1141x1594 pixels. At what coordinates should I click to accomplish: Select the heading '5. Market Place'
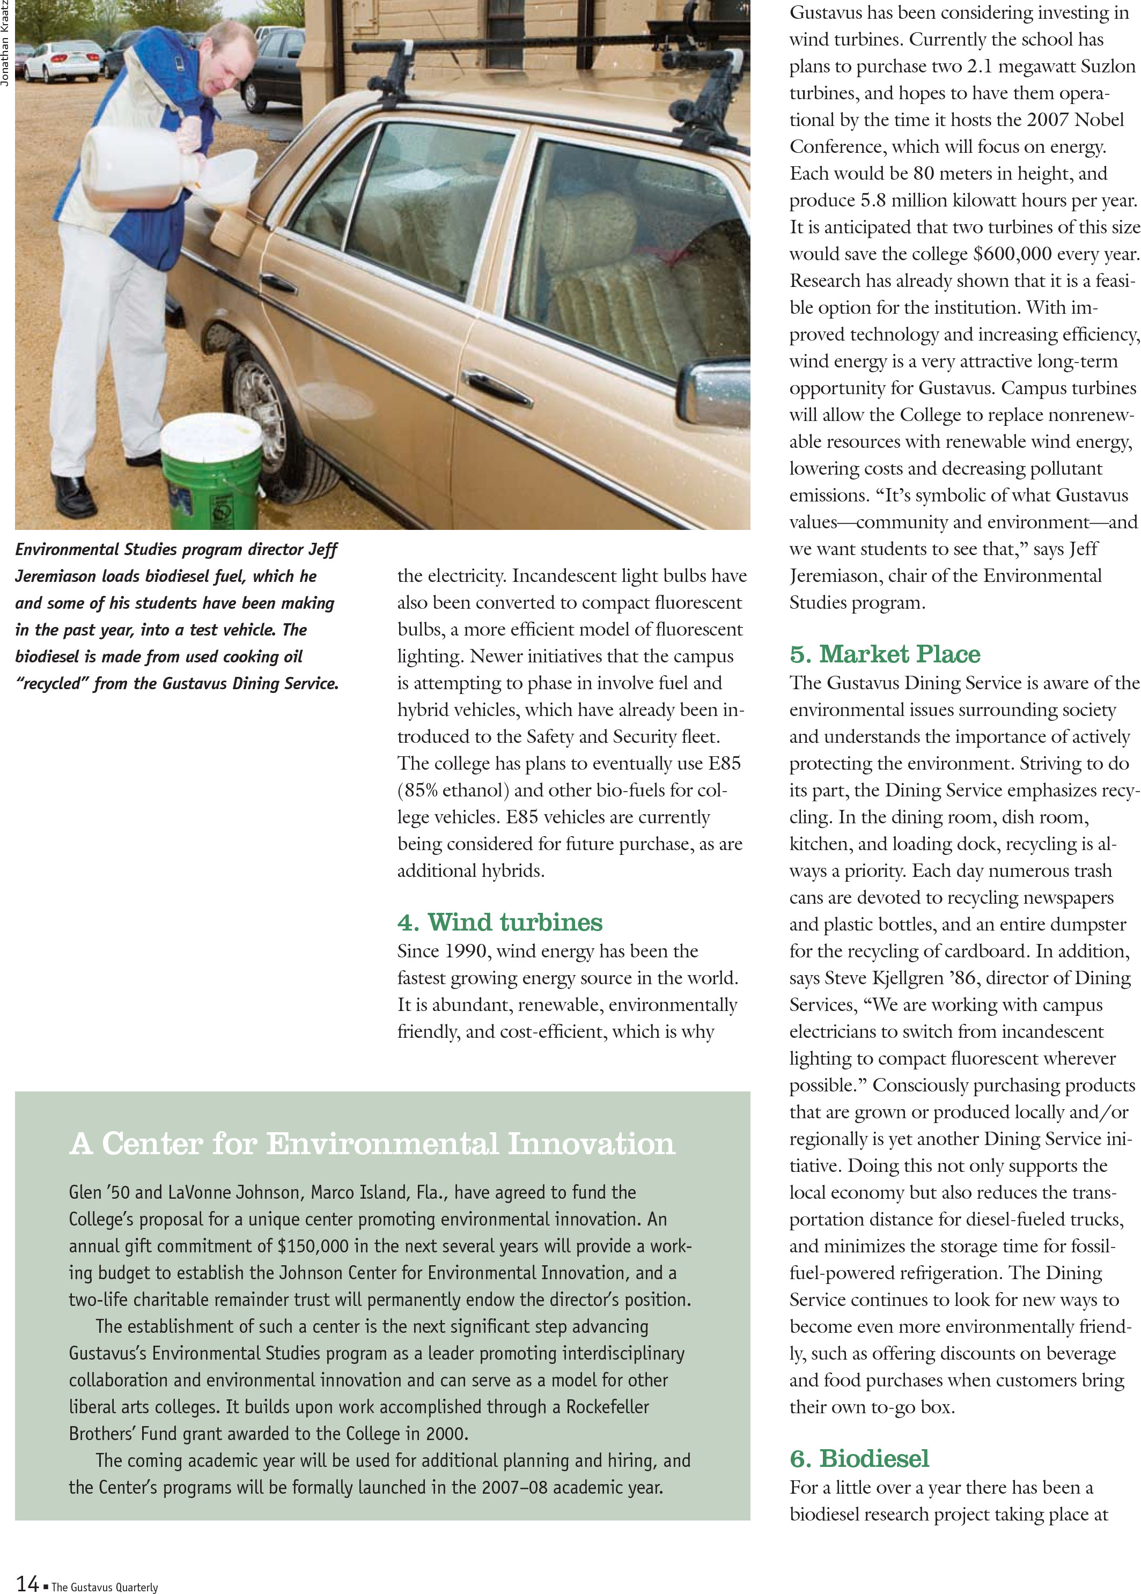[885, 654]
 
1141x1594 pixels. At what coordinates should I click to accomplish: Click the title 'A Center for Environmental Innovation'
[372, 1143]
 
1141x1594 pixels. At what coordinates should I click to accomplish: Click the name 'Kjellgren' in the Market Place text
[907, 978]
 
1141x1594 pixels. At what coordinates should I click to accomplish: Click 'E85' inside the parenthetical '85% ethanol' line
[724, 764]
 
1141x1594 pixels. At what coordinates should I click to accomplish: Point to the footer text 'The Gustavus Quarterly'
[105, 1587]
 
